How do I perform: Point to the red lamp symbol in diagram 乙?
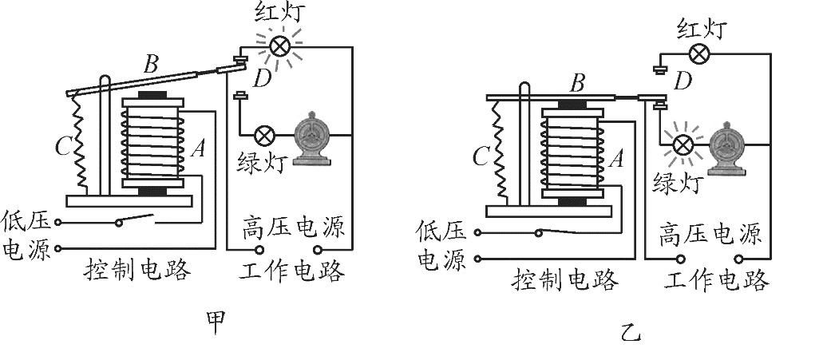point(699,54)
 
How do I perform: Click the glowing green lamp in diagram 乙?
point(683,144)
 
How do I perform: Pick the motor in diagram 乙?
point(729,147)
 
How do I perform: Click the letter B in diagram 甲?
point(150,63)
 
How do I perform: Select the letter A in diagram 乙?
point(615,158)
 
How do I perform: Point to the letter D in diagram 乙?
point(683,80)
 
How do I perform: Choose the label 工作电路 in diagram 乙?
point(715,280)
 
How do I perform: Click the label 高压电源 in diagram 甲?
point(293,228)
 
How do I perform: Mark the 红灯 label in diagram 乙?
point(700,30)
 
